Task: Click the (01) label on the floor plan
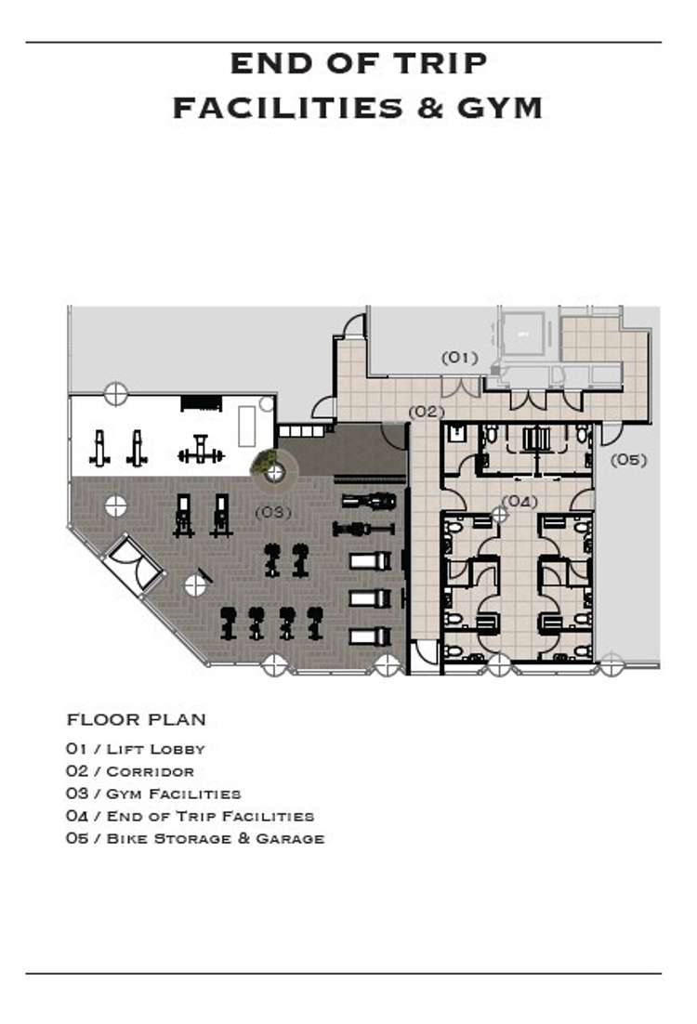coord(460,358)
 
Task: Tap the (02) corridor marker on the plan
coord(427,412)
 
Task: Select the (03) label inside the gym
coord(273,512)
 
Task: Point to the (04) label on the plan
coord(520,502)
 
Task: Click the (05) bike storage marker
coord(628,460)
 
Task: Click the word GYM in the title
coord(500,108)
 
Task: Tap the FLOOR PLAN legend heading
coord(137,719)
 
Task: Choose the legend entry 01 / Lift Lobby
coord(136,749)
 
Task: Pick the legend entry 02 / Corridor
coord(130,771)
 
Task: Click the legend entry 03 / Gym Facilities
coord(153,794)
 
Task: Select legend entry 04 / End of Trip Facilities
coord(191,817)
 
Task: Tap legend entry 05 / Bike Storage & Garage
coord(195,838)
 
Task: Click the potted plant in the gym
coord(265,463)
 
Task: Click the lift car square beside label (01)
coord(522,335)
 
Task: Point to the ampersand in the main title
coord(430,108)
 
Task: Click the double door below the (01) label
coord(461,387)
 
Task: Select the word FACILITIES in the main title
coord(288,108)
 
